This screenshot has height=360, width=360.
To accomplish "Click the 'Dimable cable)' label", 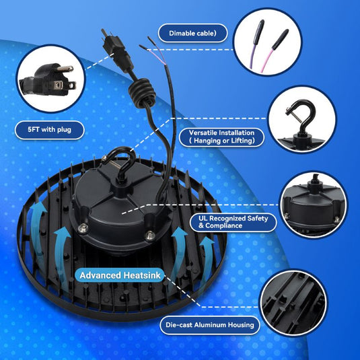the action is pos(193,33).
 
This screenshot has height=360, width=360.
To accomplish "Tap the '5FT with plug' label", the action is pos(50,130).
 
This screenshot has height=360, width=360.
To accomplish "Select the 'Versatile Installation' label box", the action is pos(221,137).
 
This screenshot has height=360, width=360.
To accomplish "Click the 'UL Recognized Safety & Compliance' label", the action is pos(233,222).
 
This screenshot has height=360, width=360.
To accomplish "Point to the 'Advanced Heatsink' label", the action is pos(120,275).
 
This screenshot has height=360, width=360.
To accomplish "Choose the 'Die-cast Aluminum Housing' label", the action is pos(210,325).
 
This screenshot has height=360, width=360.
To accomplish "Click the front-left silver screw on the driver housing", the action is pos(83,228).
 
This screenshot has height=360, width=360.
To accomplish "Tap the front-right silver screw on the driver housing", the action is pos(149,235).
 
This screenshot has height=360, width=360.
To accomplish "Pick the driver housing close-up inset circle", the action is pos(313,205).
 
